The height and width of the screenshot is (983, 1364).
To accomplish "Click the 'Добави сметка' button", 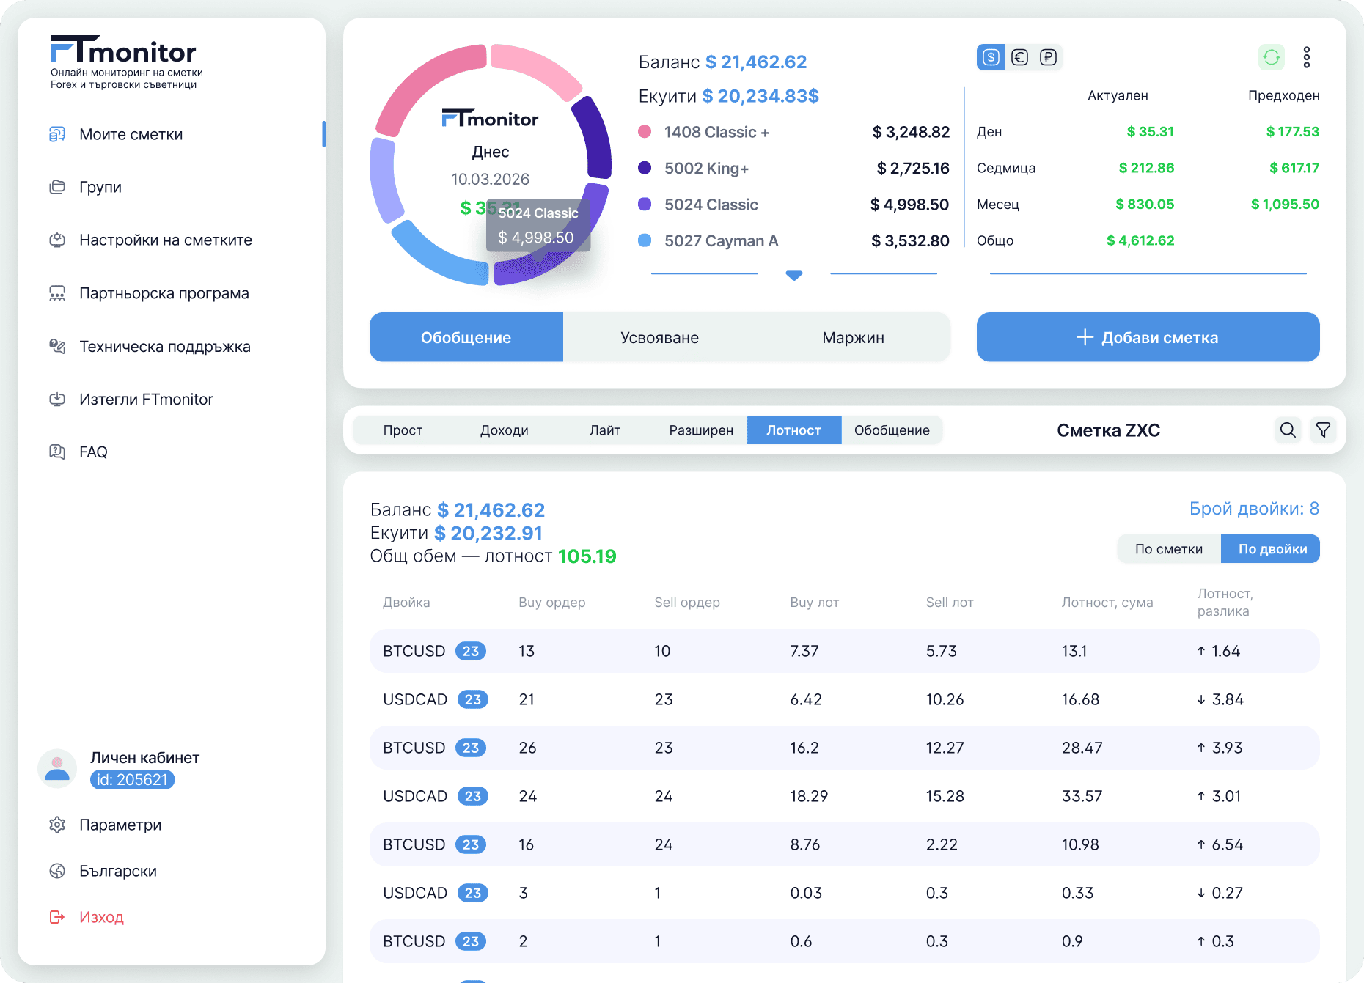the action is coord(1148,337).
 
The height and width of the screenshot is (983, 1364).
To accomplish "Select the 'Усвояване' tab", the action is coord(659,337).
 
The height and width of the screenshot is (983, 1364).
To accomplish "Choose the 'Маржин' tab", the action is coord(853,337).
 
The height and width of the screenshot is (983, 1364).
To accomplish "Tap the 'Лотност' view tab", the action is coord(793,430).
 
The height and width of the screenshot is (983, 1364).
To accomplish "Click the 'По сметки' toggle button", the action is coord(1169,549).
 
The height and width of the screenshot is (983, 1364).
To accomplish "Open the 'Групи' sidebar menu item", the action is coord(100,187).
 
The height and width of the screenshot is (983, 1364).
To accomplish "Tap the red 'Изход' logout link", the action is coord(101,917).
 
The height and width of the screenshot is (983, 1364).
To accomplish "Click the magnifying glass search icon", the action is coord(1288,430).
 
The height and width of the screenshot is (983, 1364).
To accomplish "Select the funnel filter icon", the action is coord(1323,430).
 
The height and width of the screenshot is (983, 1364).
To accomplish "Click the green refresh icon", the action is coord(1272,57).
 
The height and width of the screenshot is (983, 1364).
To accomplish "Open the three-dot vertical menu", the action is coord(1307,57).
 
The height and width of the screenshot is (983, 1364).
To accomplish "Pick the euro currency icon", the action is coord(1019,57).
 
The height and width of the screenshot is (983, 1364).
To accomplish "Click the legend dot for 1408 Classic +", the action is coord(645,131).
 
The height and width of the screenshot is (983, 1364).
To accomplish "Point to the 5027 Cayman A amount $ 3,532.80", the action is coord(910,240).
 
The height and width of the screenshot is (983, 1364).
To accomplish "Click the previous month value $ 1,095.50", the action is coord(1285,204).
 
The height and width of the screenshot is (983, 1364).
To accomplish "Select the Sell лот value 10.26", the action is coord(945,699).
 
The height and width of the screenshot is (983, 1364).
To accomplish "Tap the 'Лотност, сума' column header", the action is coord(1107,603).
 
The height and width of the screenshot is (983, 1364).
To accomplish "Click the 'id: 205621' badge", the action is coord(132,780).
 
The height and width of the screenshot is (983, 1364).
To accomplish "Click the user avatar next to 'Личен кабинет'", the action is coord(57,768).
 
